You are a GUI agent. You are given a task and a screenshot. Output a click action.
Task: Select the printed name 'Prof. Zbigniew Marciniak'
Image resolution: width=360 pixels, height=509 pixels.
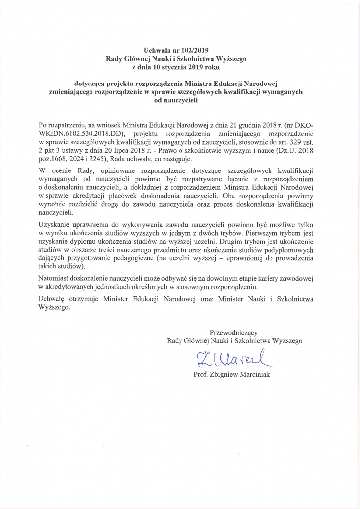click(231, 374)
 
